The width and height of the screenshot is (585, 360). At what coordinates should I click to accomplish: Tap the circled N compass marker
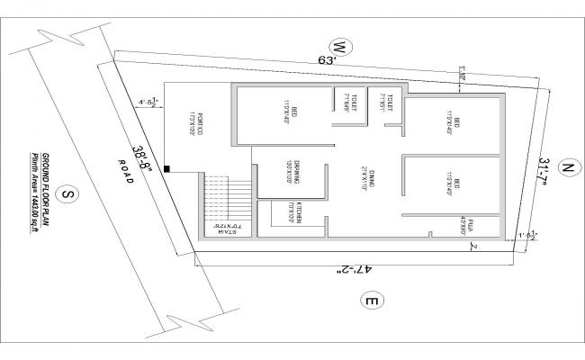pos(565,168)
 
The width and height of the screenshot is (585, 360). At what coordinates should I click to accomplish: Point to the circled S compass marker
pos(66,193)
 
